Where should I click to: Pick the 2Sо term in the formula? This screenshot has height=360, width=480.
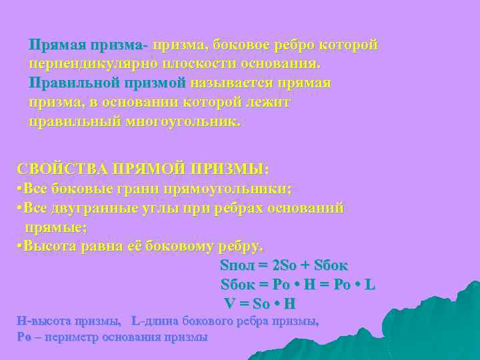[x=288, y=265]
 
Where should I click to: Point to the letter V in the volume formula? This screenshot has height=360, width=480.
[x=229, y=303]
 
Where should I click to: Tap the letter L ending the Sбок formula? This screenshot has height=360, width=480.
[x=370, y=284]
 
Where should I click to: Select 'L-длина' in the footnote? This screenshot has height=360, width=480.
[x=153, y=321]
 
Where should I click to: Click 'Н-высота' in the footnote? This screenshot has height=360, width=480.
[x=41, y=321]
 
